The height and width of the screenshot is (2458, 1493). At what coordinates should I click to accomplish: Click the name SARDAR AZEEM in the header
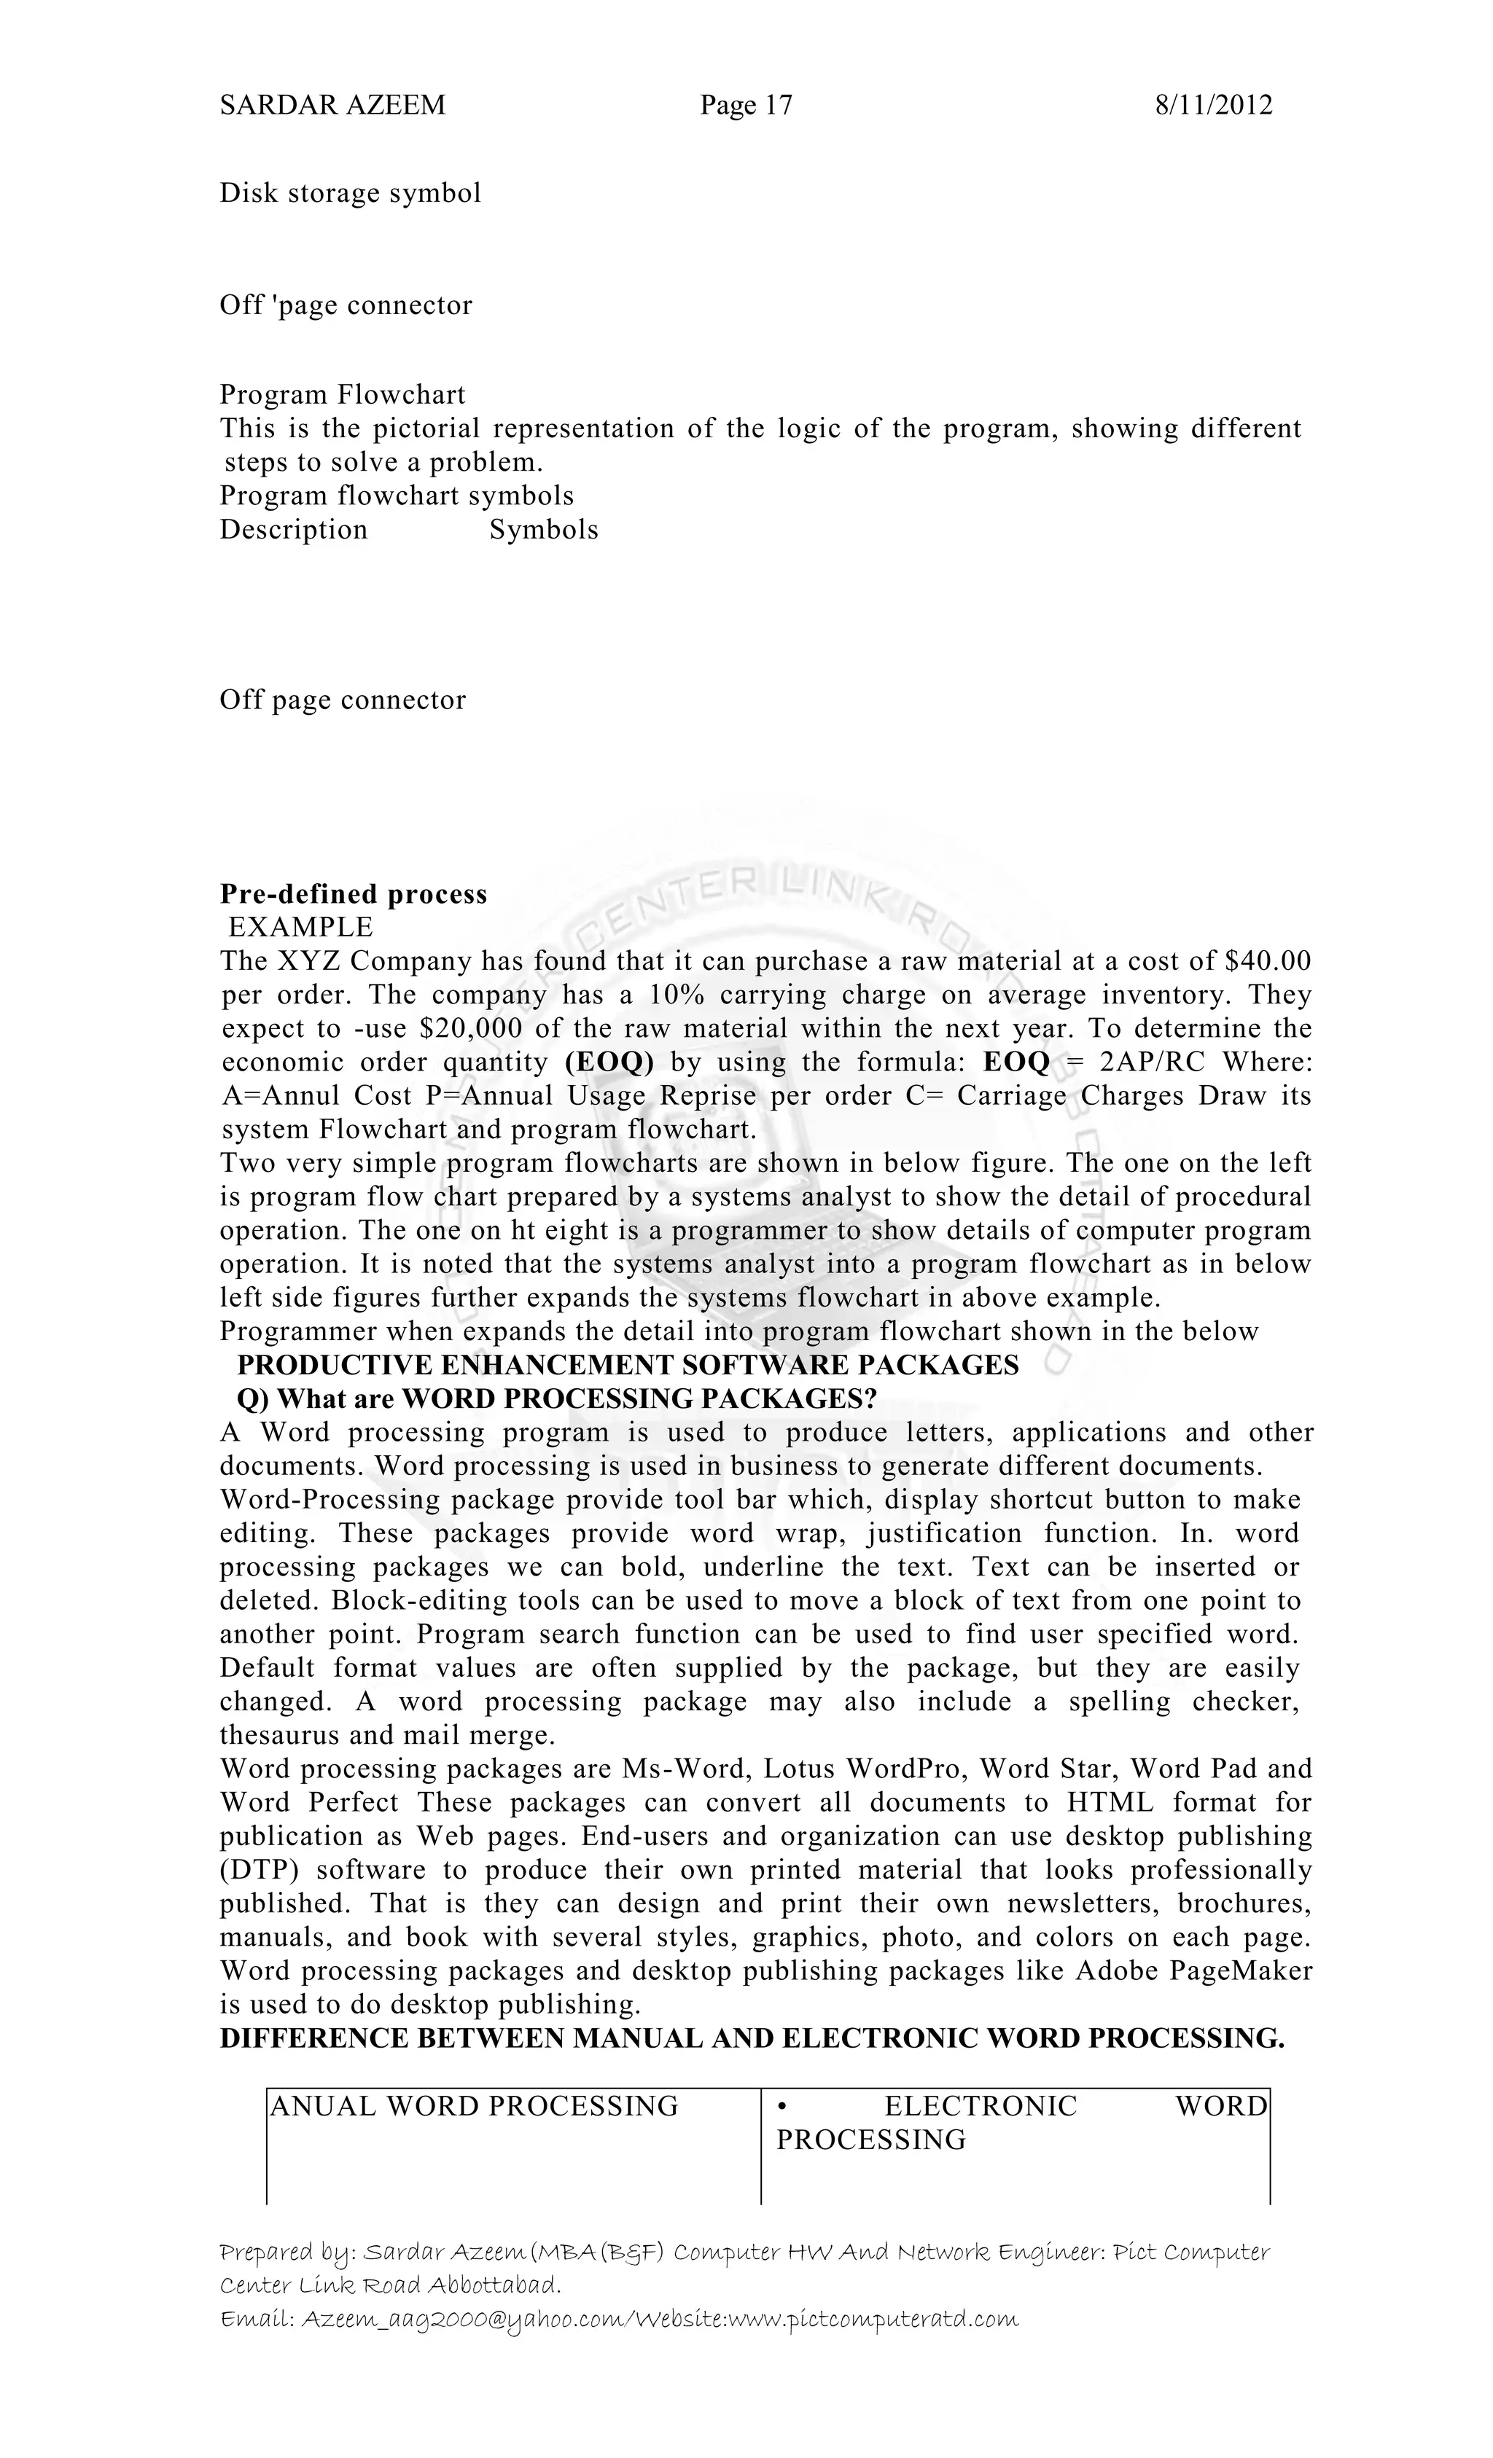[x=332, y=105]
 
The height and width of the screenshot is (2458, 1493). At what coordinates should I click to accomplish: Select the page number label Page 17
[x=746, y=105]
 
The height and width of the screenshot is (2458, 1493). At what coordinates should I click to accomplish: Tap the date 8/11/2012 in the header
[x=1214, y=105]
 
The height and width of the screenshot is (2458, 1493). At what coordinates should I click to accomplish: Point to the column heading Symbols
[x=543, y=530]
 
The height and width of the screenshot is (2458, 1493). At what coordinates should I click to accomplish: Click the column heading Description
[x=293, y=530]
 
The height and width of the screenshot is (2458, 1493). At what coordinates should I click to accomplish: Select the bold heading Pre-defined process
[x=354, y=894]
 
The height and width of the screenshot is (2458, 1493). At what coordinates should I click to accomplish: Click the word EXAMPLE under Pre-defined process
[x=300, y=928]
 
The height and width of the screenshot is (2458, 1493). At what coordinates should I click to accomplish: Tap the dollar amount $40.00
[x=1266, y=962]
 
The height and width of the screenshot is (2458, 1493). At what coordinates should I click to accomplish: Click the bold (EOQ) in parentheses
[x=609, y=1062]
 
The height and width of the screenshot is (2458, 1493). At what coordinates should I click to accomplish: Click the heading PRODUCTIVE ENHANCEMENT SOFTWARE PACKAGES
[x=628, y=1366]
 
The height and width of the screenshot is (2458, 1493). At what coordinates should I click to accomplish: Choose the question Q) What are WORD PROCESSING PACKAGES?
[x=556, y=1400]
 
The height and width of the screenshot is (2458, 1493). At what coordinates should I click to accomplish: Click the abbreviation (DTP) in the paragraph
[x=260, y=1871]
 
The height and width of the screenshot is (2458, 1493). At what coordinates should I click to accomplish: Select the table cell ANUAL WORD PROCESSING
[x=474, y=2107]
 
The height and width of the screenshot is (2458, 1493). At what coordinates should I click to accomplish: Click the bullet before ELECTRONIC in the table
[x=782, y=2107]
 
